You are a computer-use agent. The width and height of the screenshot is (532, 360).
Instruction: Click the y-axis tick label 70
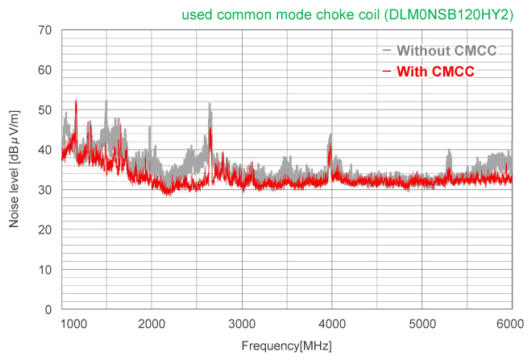[x=45, y=31]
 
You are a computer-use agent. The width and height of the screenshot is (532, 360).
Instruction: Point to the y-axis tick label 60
[x=45, y=70]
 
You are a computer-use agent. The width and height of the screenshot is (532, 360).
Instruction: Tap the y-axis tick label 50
[x=45, y=110]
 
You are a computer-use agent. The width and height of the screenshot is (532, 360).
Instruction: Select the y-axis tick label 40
[x=45, y=150]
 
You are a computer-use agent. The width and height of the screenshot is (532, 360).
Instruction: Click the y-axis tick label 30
[x=45, y=190]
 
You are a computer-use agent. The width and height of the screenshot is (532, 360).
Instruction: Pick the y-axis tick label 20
[x=45, y=230]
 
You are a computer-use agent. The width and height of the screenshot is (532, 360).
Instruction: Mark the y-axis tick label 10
[x=45, y=270]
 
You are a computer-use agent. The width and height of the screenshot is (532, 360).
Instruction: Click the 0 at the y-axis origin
[x=48, y=309]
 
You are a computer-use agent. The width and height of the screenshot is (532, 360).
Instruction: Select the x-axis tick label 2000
[x=152, y=324]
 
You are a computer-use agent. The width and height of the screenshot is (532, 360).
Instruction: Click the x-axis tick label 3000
[x=242, y=324]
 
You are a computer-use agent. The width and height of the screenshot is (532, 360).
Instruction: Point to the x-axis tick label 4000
[x=332, y=324]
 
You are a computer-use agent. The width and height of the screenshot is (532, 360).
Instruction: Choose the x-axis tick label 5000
[x=422, y=324]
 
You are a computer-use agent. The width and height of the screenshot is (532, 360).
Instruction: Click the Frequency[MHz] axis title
[x=286, y=346]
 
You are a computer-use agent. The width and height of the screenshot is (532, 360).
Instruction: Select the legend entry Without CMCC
[x=446, y=51]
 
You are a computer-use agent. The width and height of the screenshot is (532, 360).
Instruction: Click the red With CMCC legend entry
[x=435, y=72]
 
